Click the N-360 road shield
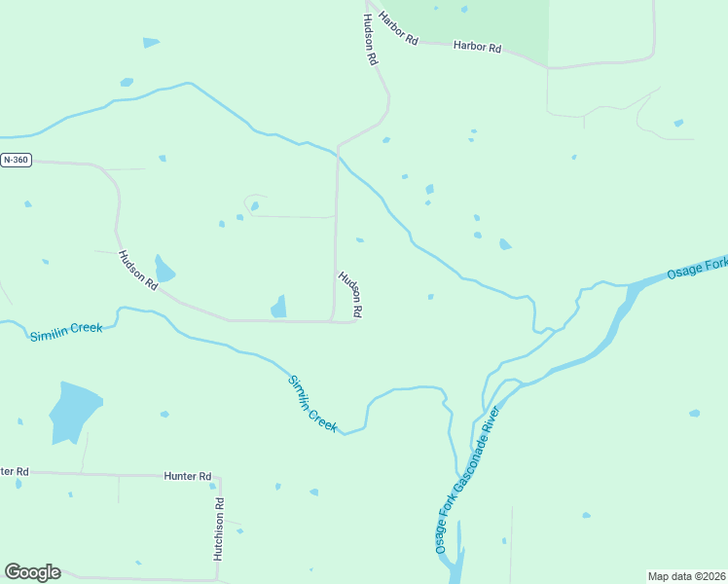point(16,160)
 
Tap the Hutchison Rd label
point(219,529)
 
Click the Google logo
point(32,572)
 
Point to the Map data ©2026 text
point(686,575)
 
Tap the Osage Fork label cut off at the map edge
point(697,269)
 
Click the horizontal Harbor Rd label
point(477,46)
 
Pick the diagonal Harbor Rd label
point(398,29)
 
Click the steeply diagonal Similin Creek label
point(313,402)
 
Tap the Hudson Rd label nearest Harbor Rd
point(370,39)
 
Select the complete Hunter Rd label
point(188,476)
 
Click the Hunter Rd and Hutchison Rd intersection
point(219,477)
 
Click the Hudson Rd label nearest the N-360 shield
point(137,271)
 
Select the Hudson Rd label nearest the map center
point(350,294)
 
